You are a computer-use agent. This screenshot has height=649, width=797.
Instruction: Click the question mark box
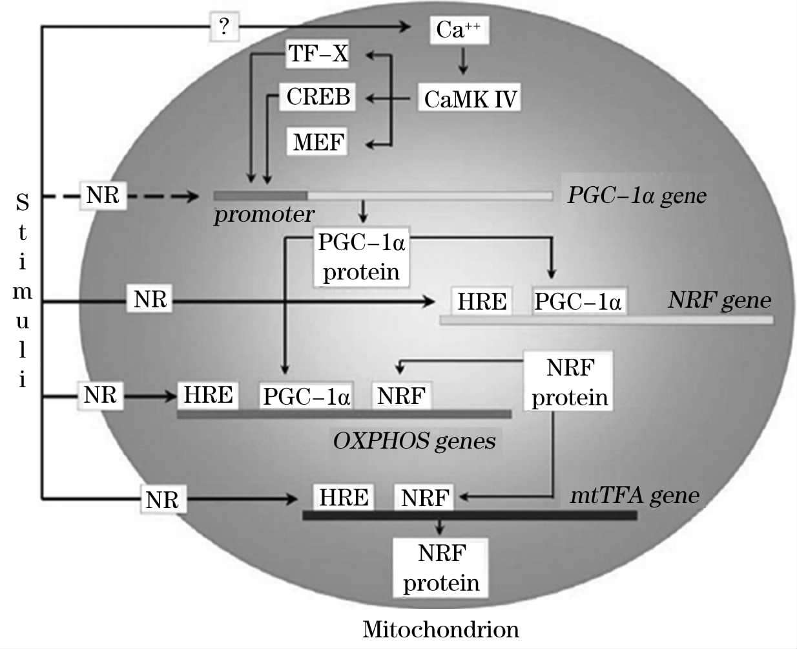tap(224, 27)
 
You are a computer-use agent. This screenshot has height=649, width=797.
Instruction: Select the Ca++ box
tap(459, 30)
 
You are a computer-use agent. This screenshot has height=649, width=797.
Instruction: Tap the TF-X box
tap(318, 54)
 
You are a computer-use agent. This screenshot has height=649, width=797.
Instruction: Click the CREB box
tap(318, 97)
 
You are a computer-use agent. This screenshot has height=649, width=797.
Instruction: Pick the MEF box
tap(318, 141)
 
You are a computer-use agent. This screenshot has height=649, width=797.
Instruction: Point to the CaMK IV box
tap(470, 99)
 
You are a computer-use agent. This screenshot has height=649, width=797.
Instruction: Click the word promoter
tap(264, 214)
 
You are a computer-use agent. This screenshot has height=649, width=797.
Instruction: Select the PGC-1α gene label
tap(636, 195)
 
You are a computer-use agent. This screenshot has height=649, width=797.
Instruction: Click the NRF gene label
tap(719, 300)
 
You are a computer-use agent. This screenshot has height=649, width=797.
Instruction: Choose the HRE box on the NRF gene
tap(482, 301)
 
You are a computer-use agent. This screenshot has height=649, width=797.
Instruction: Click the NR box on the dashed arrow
tap(103, 195)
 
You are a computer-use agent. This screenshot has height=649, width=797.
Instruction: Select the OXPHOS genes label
tap(414, 441)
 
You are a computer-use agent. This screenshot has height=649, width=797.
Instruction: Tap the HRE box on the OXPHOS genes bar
tap(208, 395)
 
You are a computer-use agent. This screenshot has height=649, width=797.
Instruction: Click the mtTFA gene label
tap(634, 496)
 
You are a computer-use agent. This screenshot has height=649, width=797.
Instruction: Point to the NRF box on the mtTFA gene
tap(424, 498)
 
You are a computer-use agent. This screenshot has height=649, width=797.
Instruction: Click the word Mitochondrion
tap(440, 629)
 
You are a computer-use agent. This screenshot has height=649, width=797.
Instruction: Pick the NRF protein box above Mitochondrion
tap(440, 568)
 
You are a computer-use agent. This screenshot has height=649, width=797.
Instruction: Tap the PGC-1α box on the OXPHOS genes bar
tap(306, 396)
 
